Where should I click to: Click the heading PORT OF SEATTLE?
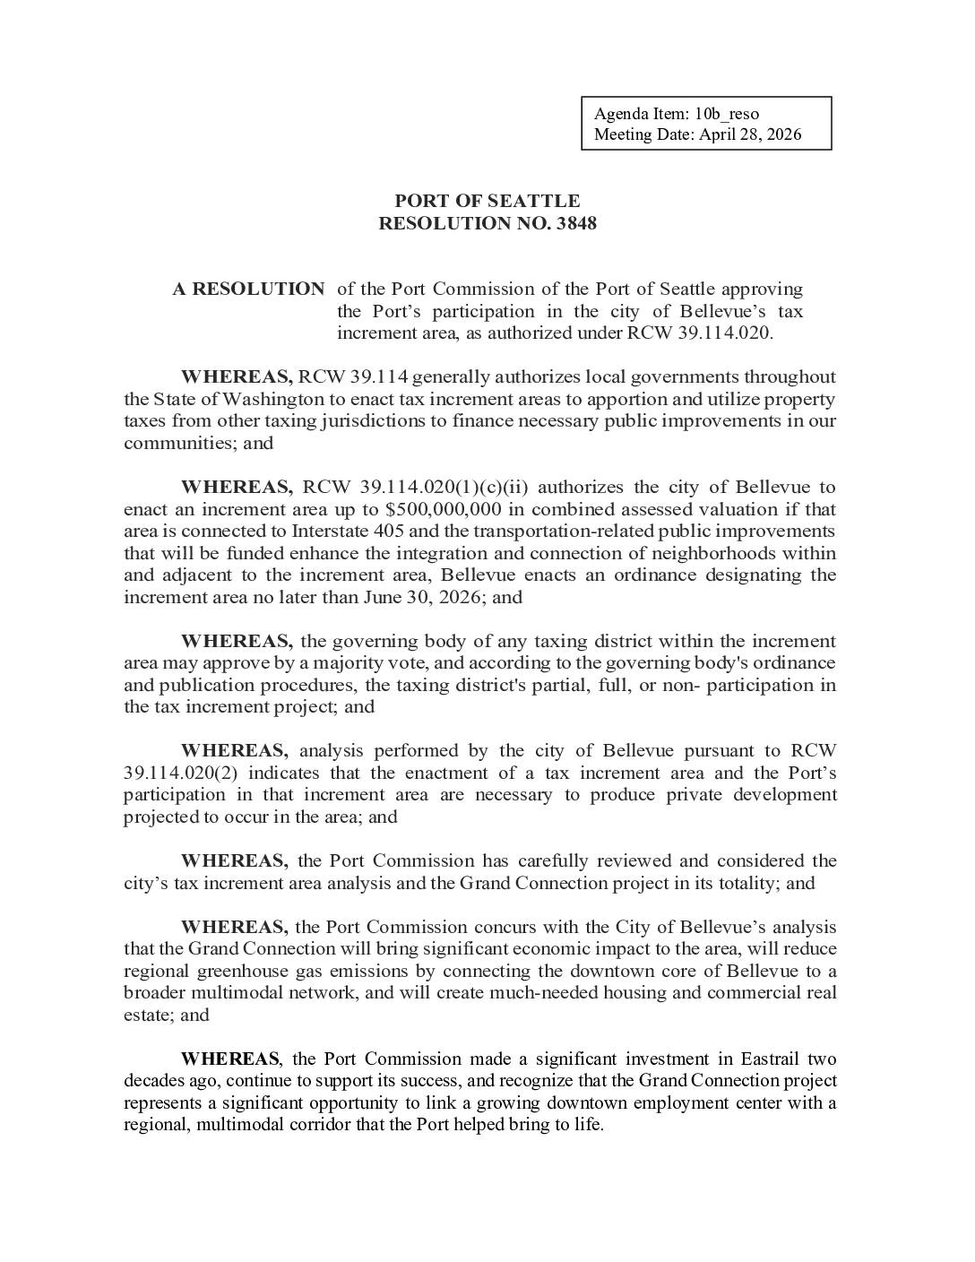(487, 201)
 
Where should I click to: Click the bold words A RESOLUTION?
(248, 290)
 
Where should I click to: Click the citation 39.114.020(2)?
(184, 773)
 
